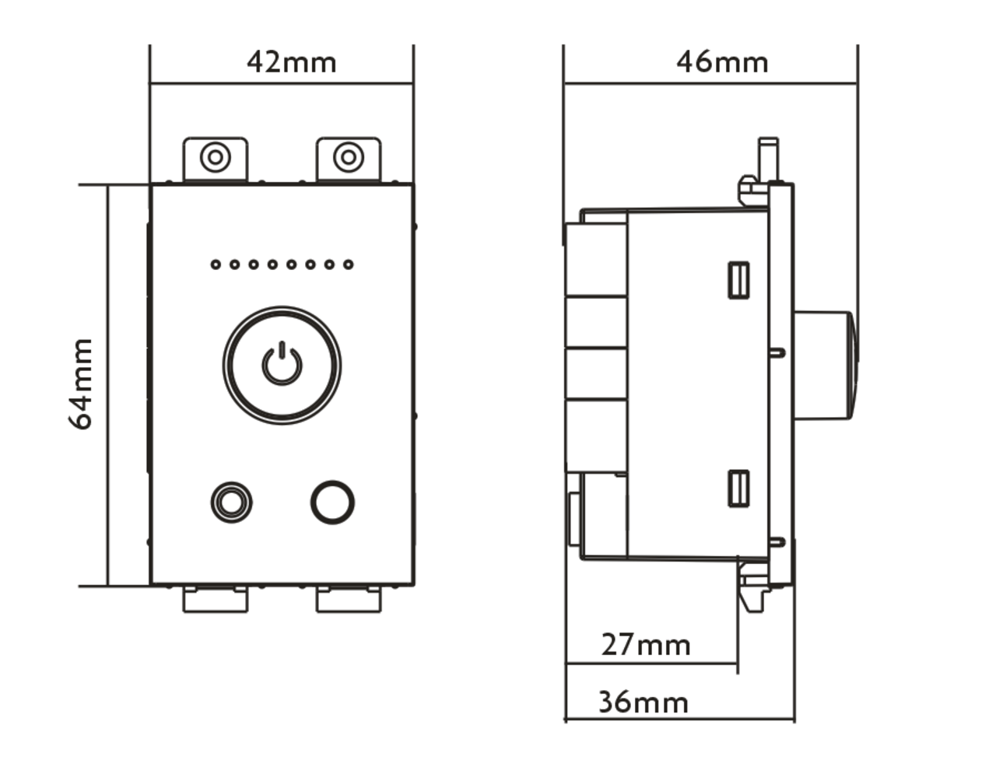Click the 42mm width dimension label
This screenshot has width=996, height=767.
pyautogui.click(x=291, y=62)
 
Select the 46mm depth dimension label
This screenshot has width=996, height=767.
pyautogui.click(x=721, y=62)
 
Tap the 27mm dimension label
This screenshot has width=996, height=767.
pyautogui.click(x=645, y=645)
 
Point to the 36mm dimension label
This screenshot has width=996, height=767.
pyautogui.click(x=643, y=702)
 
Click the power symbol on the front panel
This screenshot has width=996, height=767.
pyautogui.click(x=282, y=364)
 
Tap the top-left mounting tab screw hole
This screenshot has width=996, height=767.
pyautogui.click(x=216, y=158)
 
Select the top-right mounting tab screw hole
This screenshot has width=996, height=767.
pyautogui.click(x=349, y=158)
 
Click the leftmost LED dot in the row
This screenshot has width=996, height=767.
pyautogui.click(x=216, y=264)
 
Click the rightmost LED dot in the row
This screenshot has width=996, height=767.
pyautogui.click(x=349, y=264)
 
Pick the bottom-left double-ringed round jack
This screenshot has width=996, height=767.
pyautogui.click(x=231, y=502)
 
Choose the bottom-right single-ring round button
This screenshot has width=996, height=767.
pyautogui.click(x=332, y=502)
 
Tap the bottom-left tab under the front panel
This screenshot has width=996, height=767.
pyautogui.click(x=216, y=599)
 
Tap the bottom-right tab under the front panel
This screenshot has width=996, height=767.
pyautogui.click(x=349, y=599)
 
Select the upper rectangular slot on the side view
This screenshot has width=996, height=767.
pyautogui.click(x=738, y=280)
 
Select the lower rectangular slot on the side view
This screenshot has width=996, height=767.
pyautogui.click(x=738, y=489)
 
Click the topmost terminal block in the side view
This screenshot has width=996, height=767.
pyautogui.click(x=596, y=259)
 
